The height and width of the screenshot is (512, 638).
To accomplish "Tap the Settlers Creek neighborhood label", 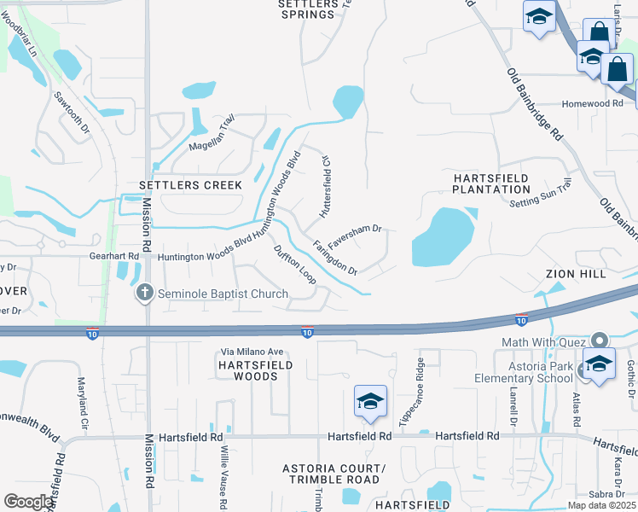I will tap(192, 185).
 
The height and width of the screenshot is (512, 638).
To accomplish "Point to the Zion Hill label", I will tap(577, 274).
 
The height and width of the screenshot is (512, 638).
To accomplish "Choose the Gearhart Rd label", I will tap(113, 256).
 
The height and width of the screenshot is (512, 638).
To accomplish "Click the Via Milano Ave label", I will tap(252, 352).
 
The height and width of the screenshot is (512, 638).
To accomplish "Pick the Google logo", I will tap(29, 502).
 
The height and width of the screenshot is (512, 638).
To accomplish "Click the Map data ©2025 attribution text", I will tap(600, 505).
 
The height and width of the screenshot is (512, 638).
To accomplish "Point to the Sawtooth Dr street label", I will tap(71, 115).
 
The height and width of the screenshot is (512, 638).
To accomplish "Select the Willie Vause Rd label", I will tap(223, 477).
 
